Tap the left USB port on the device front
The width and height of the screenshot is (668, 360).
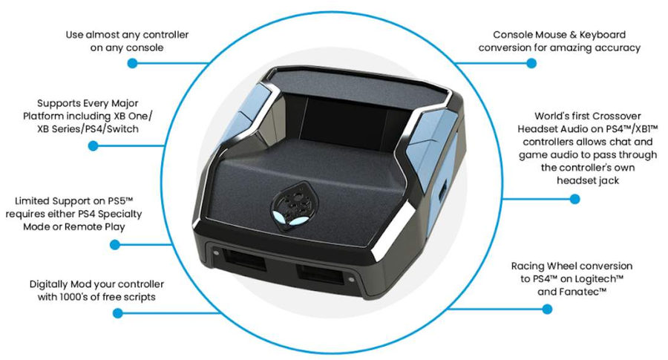pos(244,259)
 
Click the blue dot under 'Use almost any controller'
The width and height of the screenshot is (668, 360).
pos(133,63)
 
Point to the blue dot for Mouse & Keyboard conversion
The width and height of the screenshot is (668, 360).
pos(531,63)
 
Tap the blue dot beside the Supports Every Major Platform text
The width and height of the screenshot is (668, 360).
pos(94,145)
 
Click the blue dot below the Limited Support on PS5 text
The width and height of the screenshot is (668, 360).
pos(114,244)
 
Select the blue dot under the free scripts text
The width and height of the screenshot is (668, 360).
pos(117,313)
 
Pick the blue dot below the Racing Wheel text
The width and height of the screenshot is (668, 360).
pos(548,309)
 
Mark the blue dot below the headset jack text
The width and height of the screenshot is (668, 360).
pos(574,198)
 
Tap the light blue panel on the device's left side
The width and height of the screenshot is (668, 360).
pos(246,115)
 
